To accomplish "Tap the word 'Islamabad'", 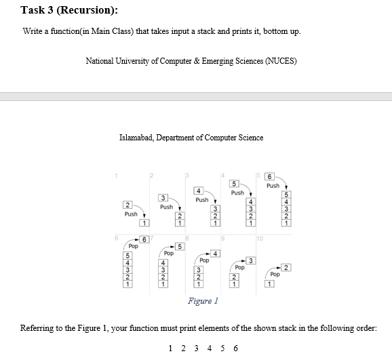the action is [x=136, y=138].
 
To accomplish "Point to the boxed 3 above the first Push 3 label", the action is [x=163, y=197].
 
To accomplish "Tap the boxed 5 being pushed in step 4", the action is [x=235, y=182].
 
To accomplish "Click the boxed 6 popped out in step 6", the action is [x=144, y=239].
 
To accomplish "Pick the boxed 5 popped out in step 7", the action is [x=180, y=246].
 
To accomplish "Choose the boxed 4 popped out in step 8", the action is [x=216, y=254].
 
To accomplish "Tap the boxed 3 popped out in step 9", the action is [x=251, y=261].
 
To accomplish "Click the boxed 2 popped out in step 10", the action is [x=287, y=268].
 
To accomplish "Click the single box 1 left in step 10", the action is [x=270, y=283].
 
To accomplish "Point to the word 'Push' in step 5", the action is [x=273, y=185].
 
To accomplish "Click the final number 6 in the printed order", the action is [x=235, y=348].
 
